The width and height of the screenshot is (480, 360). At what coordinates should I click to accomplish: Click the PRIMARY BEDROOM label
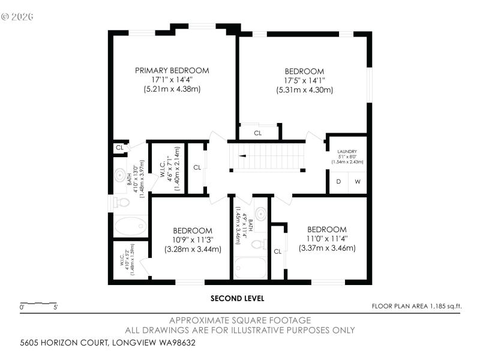(172, 71)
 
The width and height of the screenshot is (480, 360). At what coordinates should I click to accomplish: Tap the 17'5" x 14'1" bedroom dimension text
(304, 80)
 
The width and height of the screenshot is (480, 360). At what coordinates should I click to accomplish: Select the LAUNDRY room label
(347, 152)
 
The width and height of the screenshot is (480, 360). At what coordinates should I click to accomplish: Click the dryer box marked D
(338, 182)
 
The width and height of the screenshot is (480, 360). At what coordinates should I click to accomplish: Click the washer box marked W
(358, 182)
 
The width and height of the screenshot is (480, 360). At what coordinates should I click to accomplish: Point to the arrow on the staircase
(242, 155)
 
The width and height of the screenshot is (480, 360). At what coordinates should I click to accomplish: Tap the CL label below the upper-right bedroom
(258, 133)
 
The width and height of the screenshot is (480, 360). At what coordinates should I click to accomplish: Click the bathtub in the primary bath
(130, 226)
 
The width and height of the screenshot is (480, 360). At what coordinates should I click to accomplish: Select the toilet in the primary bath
(122, 202)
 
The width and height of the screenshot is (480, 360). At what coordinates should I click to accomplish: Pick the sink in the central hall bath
(261, 214)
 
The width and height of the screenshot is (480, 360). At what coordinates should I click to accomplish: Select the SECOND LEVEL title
(237, 298)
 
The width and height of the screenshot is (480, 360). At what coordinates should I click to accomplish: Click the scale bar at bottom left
(39, 304)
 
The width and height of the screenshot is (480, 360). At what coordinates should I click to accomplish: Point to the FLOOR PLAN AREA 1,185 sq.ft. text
(416, 307)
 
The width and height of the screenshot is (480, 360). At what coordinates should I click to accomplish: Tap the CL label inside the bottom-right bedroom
(277, 251)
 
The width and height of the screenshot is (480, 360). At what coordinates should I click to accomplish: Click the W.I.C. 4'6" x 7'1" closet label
(165, 168)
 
